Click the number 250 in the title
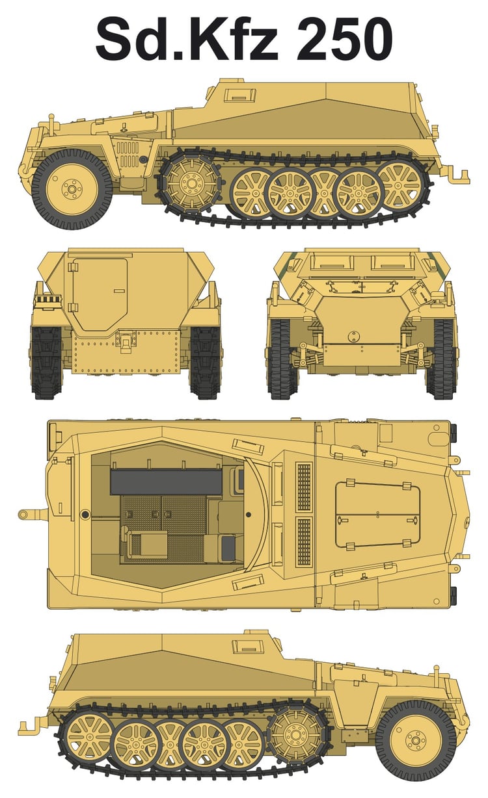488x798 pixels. (x=344, y=38)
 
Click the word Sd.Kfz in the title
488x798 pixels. (x=187, y=38)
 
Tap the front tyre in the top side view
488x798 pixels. (x=72, y=189)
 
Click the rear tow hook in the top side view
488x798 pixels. (x=456, y=174)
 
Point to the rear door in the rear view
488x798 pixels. (x=100, y=294)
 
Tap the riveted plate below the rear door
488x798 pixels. (x=126, y=352)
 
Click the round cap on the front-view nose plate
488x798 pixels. (x=353, y=336)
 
